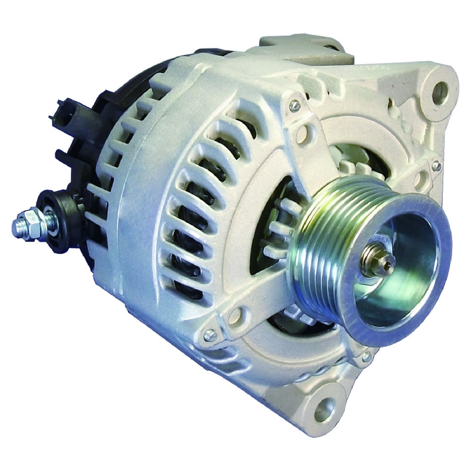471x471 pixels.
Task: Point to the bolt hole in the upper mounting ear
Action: click(440, 91)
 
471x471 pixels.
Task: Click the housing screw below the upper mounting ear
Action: click(436, 166)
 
